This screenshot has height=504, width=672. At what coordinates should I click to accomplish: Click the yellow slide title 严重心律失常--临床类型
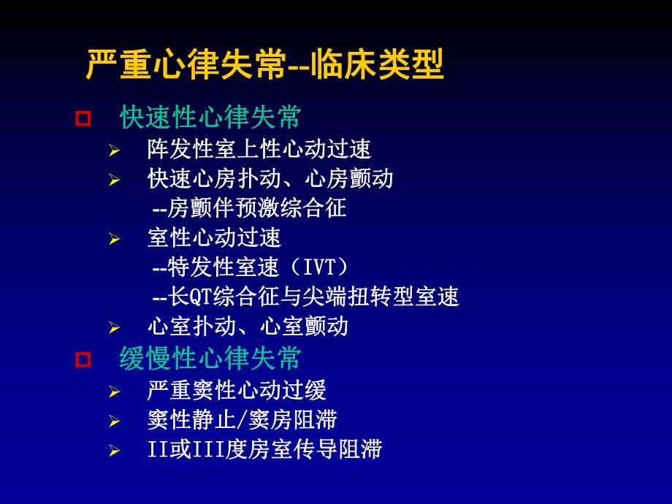point(264,65)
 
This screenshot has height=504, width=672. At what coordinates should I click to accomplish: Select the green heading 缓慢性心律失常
point(210,359)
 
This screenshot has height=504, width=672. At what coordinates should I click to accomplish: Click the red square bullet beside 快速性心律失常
point(83,118)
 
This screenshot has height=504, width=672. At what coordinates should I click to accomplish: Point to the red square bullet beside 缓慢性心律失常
point(83,359)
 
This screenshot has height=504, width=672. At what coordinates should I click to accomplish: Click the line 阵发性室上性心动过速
point(259,150)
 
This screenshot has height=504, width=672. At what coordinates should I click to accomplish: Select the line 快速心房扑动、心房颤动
point(270,179)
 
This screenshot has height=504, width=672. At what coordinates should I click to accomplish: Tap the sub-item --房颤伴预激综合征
point(248,208)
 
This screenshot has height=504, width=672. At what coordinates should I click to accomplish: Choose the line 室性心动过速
point(214,237)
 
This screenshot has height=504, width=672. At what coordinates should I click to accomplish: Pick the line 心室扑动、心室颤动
point(248,326)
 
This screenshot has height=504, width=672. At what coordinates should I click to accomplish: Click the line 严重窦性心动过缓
point(236,391)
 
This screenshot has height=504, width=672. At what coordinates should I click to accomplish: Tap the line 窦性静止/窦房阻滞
point(242,420)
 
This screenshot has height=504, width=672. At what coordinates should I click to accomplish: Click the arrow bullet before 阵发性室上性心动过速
point(114,150)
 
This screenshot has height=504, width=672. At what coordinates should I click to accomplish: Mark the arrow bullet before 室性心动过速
point(114,238)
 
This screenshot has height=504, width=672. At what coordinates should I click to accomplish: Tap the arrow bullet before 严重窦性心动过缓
point(114,392)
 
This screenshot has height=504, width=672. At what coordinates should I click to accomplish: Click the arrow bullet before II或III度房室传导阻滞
point(114,450)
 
